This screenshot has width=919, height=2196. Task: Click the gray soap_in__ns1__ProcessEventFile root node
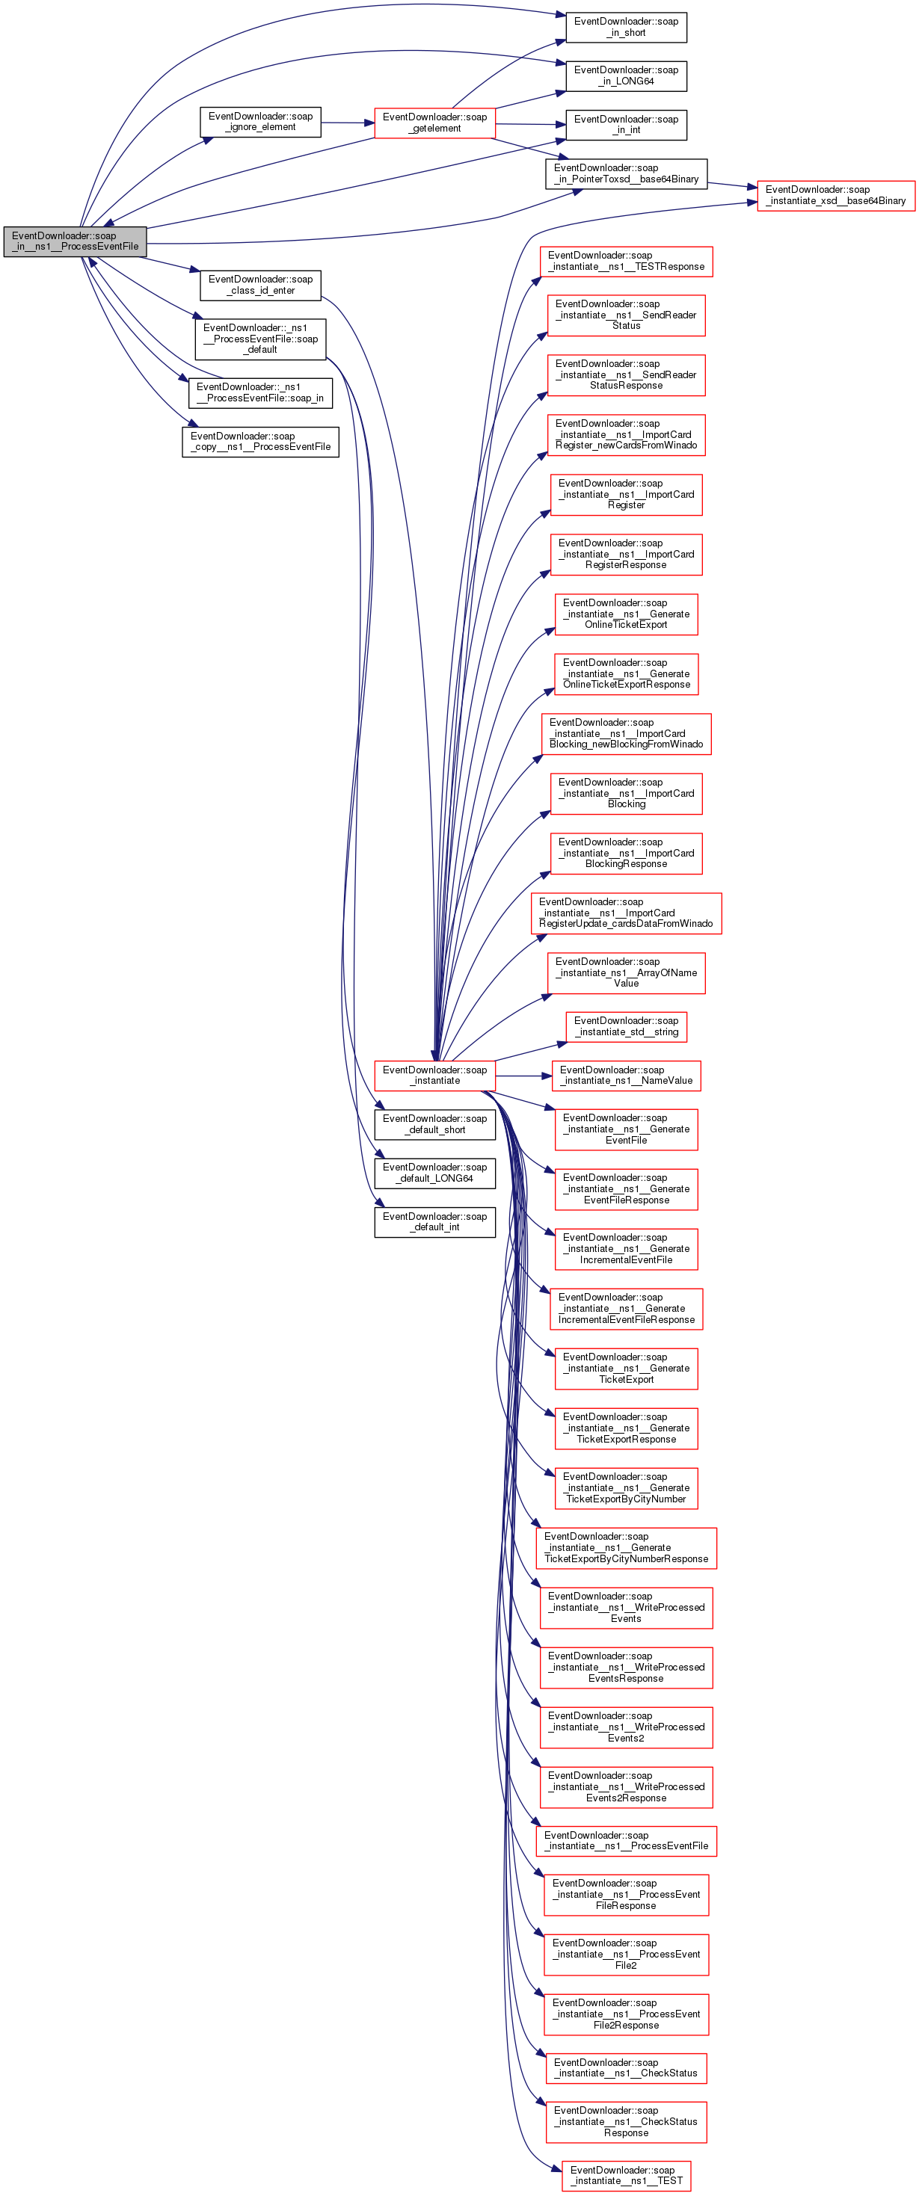(x=75, y=241)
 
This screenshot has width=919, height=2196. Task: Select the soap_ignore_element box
(x=260, y=122)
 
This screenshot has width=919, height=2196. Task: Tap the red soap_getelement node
(x=434, y=123)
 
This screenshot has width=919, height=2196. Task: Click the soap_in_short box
(x=626, y=27)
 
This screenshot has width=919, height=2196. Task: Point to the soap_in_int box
(x=626, y=125)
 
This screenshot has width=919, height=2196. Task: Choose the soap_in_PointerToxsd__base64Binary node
(x=626, y=174)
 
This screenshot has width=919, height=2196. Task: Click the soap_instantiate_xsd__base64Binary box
(x=835, y=195)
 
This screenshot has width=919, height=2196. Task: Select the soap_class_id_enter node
(x=260, y=285)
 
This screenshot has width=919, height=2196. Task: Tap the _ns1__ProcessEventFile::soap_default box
(x=260, y=339)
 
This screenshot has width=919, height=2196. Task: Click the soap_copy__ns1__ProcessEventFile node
(x=260, y=442)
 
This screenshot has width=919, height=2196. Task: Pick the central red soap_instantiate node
(x=434, y=1075)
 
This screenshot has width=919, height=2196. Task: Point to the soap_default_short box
(x=434, y=1124)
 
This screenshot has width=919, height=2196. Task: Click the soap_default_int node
(x=434, y=1221)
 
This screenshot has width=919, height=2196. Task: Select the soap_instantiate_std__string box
(x=626, y=1026)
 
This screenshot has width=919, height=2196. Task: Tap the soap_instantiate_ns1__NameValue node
(x=626, y=1075)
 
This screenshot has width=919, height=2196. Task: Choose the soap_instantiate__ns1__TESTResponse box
(x=626, y=261)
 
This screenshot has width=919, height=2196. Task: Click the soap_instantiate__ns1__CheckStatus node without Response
(x=626, y=2067)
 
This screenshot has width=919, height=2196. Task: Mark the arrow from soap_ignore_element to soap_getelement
(x=348, y=123)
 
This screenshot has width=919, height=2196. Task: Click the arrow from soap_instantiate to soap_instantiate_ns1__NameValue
(x=523, y=1076)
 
